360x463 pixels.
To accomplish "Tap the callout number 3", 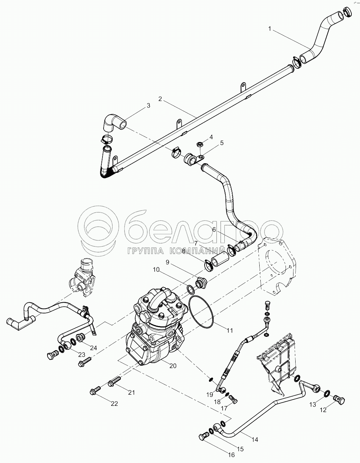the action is tap(148, 106).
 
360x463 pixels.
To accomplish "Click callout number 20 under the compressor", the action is tap(173, 366).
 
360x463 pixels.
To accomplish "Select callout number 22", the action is tap(114, 404).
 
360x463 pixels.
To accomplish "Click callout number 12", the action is tap(323, 410).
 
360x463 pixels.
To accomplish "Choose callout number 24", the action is tap(94, 348).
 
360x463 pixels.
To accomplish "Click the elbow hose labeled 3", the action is tap(114, 122).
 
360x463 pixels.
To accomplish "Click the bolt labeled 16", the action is tap(202, 436).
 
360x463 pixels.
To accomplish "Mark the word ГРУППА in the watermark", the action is tap(142, 251).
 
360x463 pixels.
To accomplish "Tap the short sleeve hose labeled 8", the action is tap(220, 261).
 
